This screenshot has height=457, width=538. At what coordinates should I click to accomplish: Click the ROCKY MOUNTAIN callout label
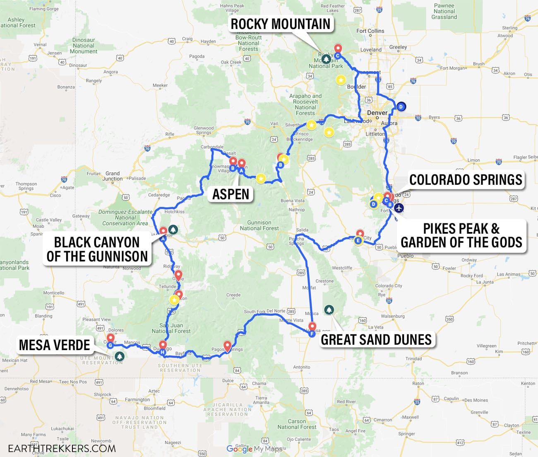point(280,24)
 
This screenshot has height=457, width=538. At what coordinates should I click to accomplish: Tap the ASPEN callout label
point(231,194)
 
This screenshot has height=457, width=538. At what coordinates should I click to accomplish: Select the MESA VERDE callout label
point(54,345)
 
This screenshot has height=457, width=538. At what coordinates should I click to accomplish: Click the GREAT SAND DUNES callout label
point(376,339)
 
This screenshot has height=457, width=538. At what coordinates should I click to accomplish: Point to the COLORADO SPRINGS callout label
point(466,180)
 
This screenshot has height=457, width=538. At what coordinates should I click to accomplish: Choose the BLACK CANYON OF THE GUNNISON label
point(97,249)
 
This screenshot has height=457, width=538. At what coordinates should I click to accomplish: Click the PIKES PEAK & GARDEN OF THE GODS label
point(461,235)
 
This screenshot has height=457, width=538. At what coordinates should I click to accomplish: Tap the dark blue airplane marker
point(399,208)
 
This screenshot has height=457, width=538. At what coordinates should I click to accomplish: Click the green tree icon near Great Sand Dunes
point(329,310)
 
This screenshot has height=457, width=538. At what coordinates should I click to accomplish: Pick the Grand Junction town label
point(112,176)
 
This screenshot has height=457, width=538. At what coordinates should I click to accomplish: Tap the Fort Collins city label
point(370,31)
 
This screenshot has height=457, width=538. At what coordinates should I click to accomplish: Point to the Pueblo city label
point(405,256)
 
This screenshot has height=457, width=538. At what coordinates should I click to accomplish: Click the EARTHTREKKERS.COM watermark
point(58,448)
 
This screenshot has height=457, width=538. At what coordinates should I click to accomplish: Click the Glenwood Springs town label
point(204,131)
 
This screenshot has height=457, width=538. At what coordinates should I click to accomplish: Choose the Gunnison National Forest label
point(259,225)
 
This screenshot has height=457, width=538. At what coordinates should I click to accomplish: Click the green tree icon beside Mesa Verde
point(120,356)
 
